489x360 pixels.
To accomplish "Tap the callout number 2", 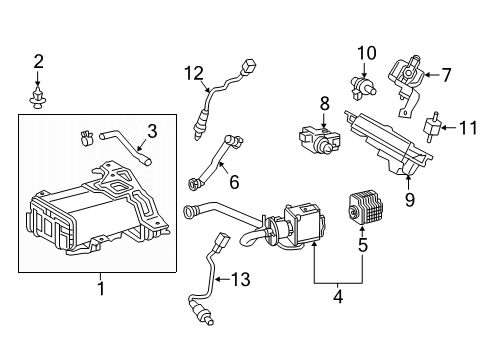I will tap(38, 63).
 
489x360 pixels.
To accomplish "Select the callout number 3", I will tap(152, 129).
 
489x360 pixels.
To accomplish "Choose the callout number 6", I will tap(235, 183).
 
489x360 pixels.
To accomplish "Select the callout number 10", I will tap(366, 51).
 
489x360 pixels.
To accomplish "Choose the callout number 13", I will tap(241, 278).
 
